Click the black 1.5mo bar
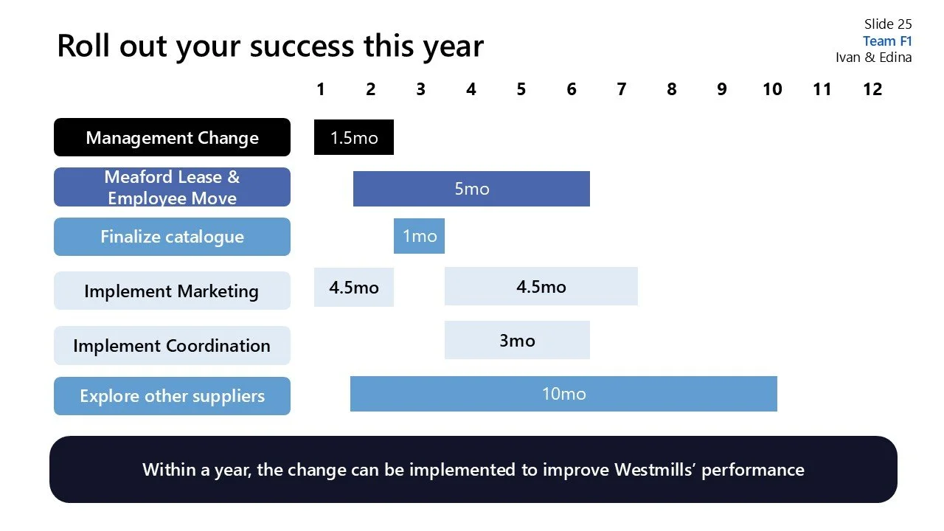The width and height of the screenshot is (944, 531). pos(353,137)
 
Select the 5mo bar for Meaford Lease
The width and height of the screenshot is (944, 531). pos(471,189)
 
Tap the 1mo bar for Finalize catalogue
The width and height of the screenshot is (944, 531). pos(419,236)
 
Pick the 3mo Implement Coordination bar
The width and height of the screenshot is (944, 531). pos(516,340)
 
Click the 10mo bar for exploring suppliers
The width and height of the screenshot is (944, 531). pos(563,394)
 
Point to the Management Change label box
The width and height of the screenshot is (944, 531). pos(172,138)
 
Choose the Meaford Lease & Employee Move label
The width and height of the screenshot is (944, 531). pos(172,187)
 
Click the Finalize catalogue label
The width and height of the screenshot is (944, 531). pos(172,237)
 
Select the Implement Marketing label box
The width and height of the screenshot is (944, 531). pos(172,291)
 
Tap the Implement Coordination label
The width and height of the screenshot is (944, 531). pos(172,345)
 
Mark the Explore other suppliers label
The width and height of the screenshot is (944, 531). pos(172,396)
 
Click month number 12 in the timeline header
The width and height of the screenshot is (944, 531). pos(872,89)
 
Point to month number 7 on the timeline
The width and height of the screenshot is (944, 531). pos(621,89)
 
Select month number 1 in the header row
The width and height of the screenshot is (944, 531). pos(320,89)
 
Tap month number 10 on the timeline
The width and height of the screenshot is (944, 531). pos(771,89)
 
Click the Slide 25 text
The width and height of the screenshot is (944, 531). pos(888,24)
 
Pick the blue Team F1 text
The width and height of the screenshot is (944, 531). pos(887,41)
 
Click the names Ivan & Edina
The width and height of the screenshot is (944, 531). pos(873,58)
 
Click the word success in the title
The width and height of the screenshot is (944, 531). pos(303,46)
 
